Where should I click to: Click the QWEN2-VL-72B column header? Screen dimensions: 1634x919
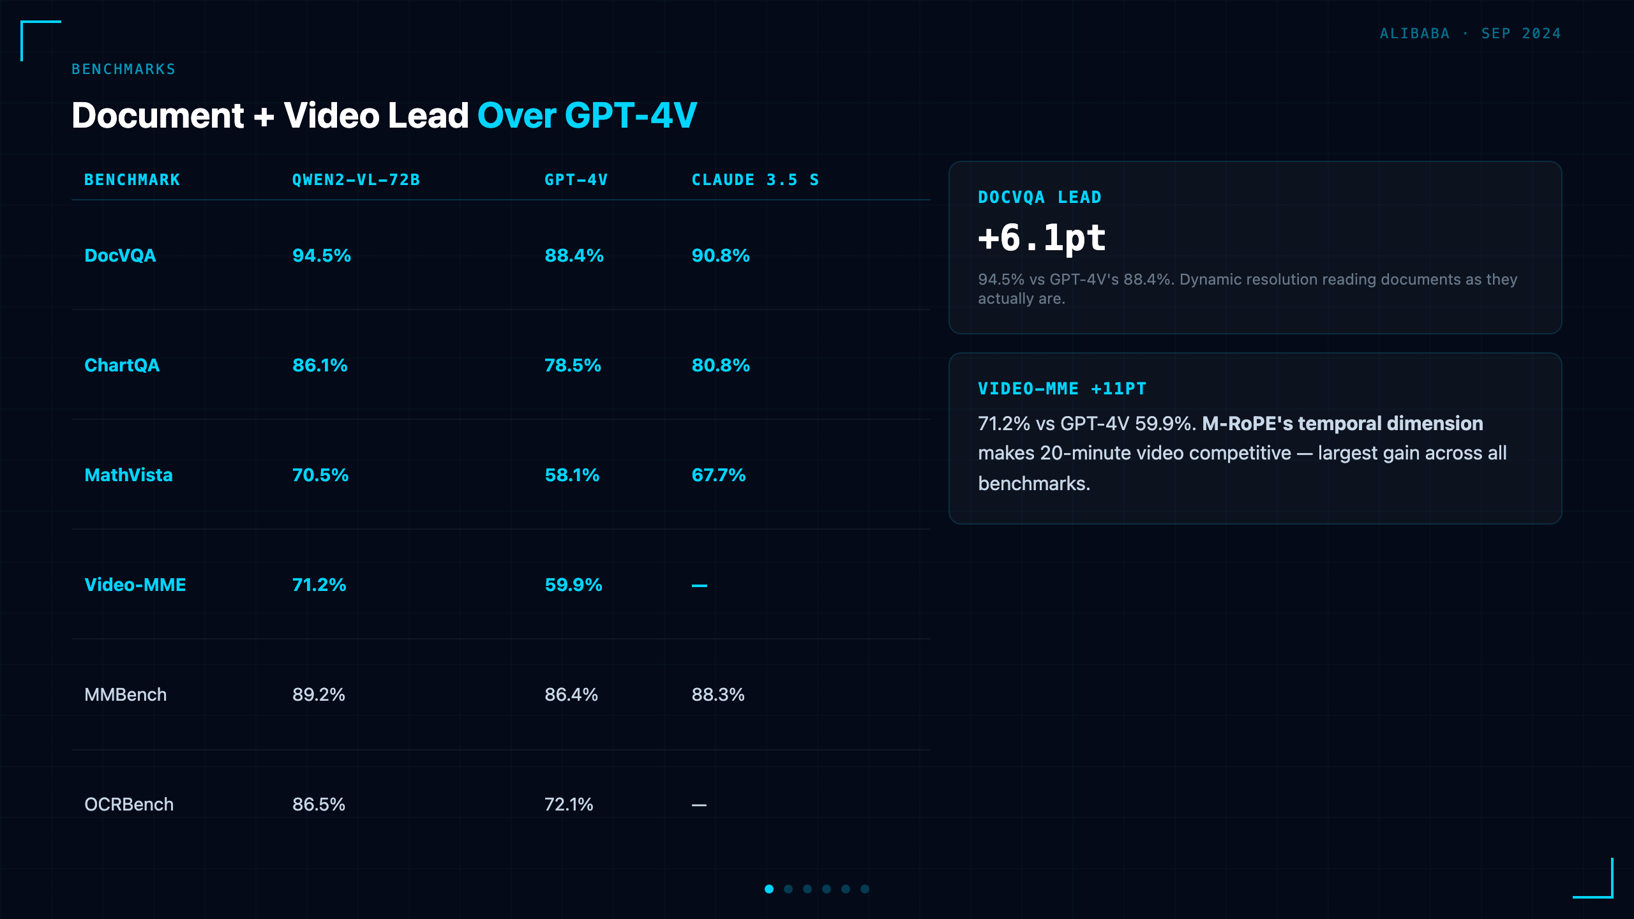(x=356, y=180)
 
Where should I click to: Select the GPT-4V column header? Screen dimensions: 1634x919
(x=576, y=180)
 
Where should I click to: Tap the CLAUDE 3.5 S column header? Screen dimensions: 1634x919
(x=755, y=180)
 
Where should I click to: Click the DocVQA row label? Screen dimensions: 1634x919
(x=120, y=255)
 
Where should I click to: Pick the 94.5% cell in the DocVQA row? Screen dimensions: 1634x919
(x=322, y=255)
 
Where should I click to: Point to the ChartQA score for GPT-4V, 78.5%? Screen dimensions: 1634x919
(x=573, y=365)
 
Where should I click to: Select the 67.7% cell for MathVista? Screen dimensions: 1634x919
(x=719, y=475)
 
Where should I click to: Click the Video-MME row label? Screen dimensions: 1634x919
(x=135, y=585)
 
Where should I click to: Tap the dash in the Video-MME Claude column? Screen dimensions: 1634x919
(x=700, y=585)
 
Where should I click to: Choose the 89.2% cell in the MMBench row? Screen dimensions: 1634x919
(x=319, y=694)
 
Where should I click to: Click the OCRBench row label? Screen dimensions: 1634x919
(x=129, y=804)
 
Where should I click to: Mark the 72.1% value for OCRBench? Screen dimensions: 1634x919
(x=569, y=804)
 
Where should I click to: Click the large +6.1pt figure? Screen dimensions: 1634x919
(x=1042, y=238)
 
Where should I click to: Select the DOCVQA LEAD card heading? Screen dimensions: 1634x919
(x=1040, y=197)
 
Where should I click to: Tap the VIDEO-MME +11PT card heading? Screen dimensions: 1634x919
(x=1062, y=389)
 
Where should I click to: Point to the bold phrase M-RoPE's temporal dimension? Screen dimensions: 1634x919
(x=1342, y=423)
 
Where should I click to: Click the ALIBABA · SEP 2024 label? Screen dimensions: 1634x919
(x=1470, y=33)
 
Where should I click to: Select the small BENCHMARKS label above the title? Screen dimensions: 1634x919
(x=123, y=69)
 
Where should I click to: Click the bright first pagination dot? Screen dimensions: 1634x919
(x=769, y=889)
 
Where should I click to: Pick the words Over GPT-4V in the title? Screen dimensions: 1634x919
(x=587, y=116)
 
